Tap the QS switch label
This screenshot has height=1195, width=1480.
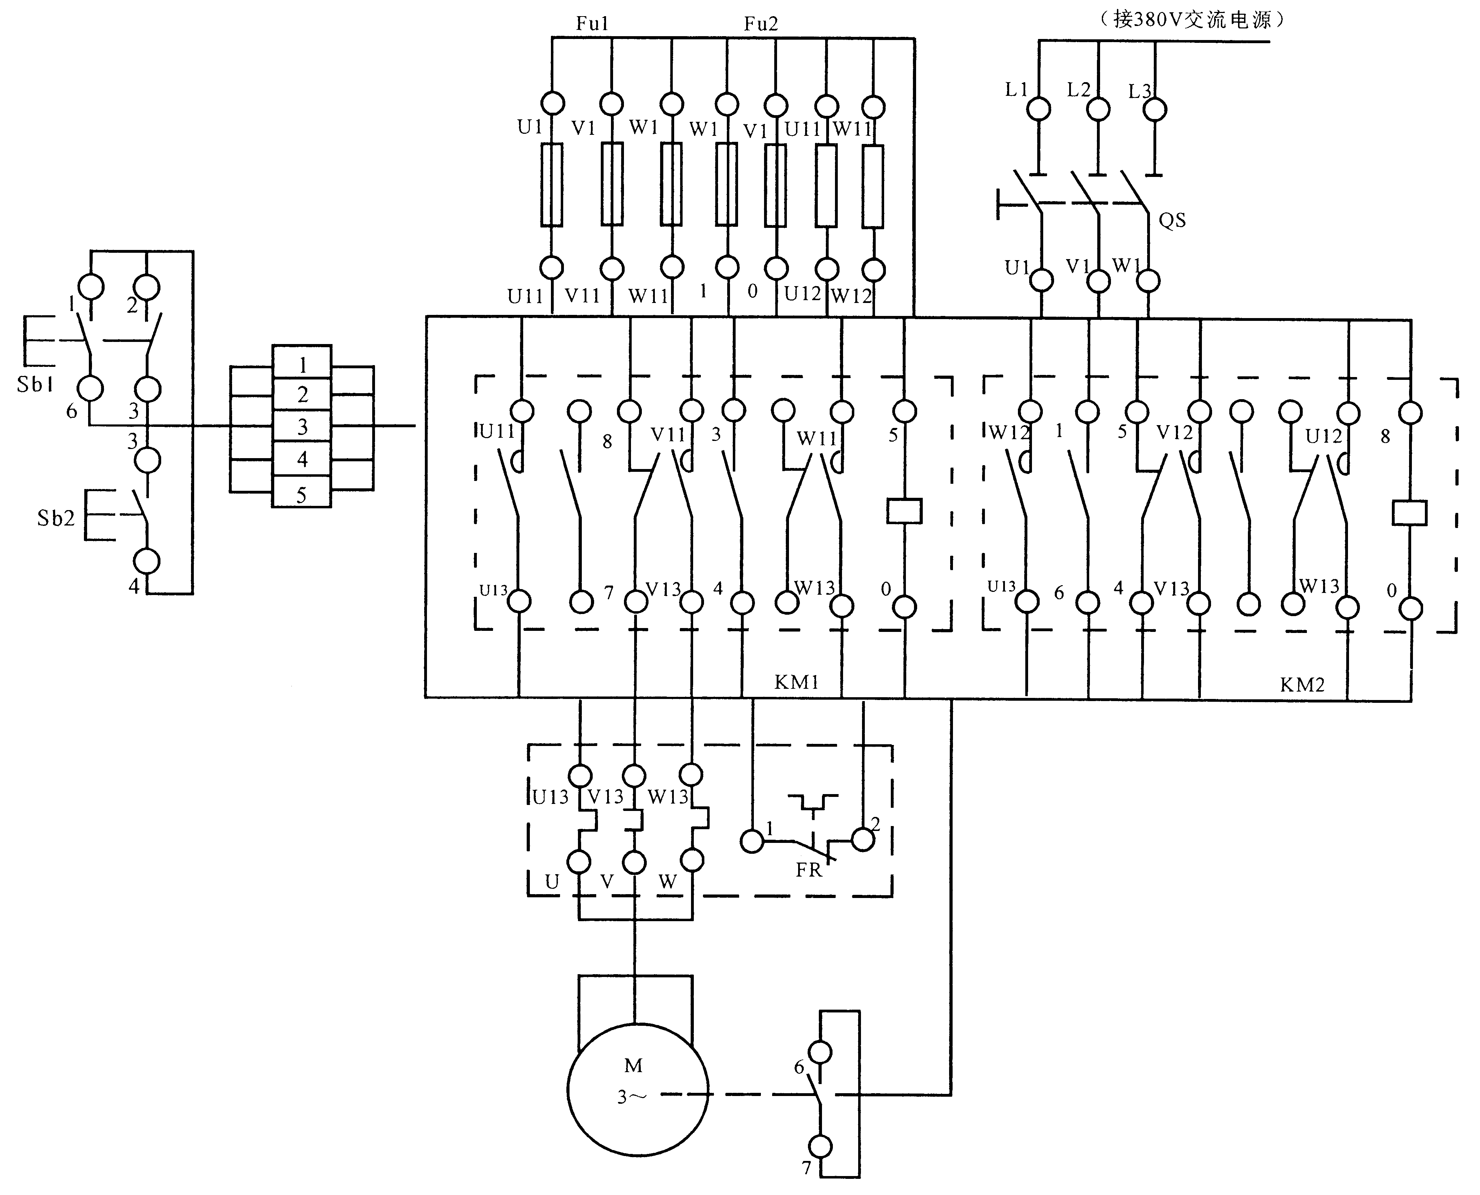[x=1172, y=220]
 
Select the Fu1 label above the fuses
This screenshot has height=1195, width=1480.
[x=592, y=24]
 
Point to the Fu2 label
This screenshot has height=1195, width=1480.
[x=761, y=24]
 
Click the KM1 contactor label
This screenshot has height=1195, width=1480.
[x=796, y=682]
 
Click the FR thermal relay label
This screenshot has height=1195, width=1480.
[x=809, y=870]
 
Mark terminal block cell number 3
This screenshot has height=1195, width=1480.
[x=302, y=428]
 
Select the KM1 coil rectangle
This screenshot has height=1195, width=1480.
[x=904, y=511]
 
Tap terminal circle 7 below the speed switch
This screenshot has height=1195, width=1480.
[x=820, y=1147]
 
